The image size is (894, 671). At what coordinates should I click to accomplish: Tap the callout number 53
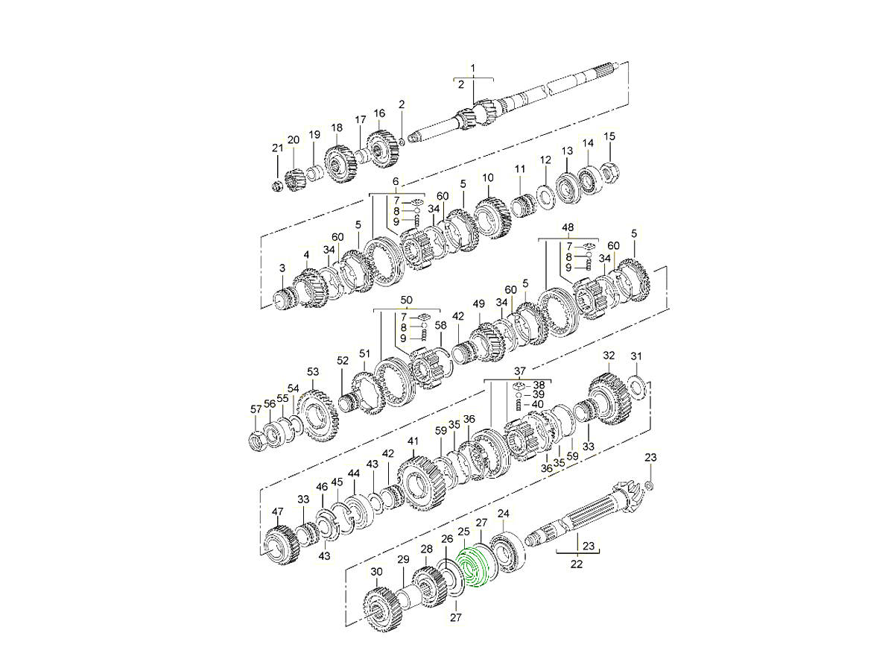coord(313,371)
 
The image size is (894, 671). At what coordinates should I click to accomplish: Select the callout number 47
coord(278,511)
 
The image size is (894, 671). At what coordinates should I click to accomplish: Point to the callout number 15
coord(609,136)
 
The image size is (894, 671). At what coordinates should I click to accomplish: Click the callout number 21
coord(277,148)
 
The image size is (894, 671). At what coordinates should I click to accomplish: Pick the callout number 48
coord(568,228)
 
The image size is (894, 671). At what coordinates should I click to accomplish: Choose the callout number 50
coord(406,300)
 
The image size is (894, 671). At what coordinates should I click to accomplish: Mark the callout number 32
coord(609,356)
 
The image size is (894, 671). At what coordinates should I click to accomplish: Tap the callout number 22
coord(576,564)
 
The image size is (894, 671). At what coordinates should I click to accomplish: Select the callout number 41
coord(413,441)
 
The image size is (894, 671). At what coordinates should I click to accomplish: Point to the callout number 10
coord(488,178)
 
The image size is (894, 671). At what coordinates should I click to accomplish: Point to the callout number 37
coord(519,371)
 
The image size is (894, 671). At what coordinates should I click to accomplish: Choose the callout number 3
coord(282,268)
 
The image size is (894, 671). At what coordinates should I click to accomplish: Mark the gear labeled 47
coord(282,547)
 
